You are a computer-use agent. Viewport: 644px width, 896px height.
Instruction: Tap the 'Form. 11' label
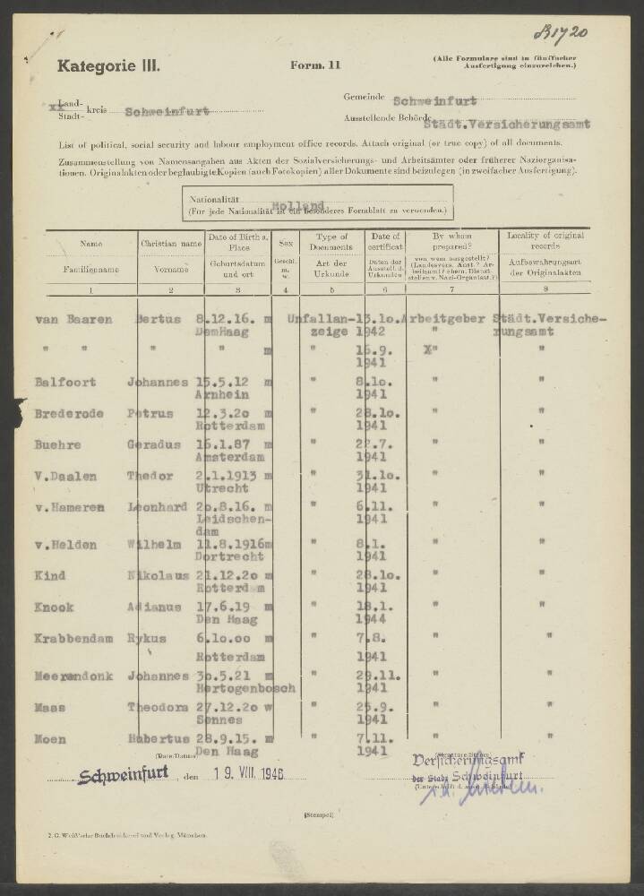[x=315, y=65]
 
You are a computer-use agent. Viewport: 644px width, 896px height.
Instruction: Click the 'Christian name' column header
[x=171, y=242]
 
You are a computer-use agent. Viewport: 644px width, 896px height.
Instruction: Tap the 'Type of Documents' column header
[x=331, y=241]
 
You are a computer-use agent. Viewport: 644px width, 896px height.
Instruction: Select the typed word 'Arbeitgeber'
[x=444, y=319]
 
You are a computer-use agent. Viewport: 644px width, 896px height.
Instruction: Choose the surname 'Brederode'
[x=70, y=414]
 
